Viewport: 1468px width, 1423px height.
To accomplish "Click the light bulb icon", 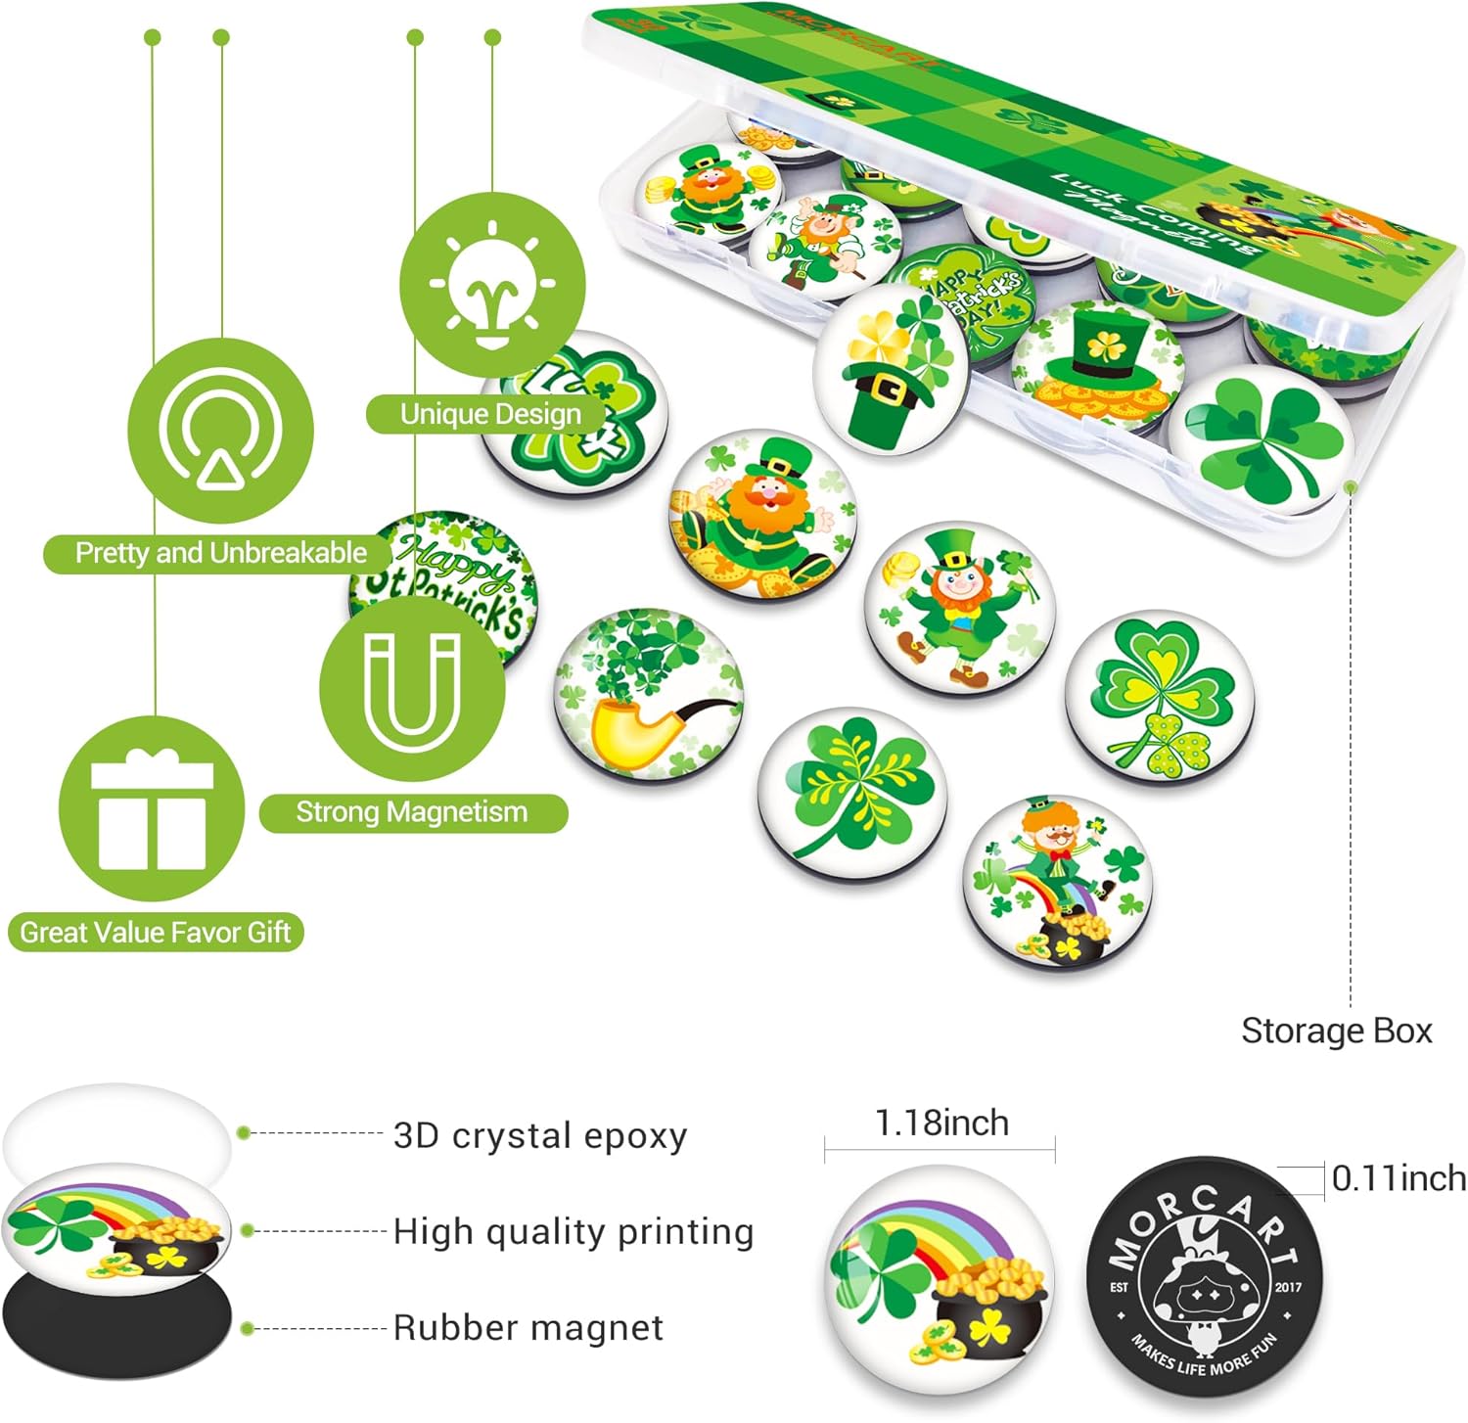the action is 492,285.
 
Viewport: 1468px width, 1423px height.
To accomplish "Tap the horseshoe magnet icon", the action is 412,689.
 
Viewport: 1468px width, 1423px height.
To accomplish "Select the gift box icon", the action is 152,808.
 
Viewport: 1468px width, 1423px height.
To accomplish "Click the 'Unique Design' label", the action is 489,414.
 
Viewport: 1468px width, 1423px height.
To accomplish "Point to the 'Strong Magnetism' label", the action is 412,812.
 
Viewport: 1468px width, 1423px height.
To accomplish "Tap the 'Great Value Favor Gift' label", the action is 156,932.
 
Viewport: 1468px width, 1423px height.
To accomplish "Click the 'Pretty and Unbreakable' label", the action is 220,553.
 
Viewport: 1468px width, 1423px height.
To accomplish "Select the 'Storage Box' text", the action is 1335,1031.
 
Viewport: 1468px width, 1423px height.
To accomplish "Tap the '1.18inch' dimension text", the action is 940,1123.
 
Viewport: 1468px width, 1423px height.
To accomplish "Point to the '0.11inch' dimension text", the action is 1399,1178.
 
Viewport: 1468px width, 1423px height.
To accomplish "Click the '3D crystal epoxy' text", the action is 540,1135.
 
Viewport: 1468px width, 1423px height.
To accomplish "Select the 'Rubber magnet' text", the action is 528,1328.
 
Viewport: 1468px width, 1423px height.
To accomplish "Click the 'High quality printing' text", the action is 573,1231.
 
